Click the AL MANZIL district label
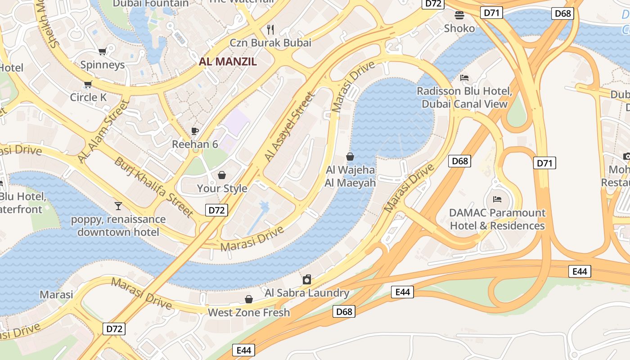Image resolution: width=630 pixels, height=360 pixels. [228, 62]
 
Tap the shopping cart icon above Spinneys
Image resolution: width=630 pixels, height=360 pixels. [102, 52]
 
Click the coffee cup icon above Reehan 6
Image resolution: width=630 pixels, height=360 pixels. [194, 131]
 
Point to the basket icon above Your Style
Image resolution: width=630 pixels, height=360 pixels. [222, 175]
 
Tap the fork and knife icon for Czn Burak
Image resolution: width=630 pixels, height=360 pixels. [270, 30]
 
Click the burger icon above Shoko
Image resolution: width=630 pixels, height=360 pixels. [459, 15]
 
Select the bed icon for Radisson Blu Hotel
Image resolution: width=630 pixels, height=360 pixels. [464, 78]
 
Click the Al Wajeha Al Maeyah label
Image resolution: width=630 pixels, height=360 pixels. [350, 176]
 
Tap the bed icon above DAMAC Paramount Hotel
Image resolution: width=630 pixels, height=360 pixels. [497, 199]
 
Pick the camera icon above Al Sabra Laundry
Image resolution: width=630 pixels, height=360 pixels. [307, 279]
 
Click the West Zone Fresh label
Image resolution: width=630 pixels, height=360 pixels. [248, 312]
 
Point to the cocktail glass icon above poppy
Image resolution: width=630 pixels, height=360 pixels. [118, 206]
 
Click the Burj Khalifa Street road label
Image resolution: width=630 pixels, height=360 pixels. [154, 186]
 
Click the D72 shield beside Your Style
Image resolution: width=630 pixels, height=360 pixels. [217, 210]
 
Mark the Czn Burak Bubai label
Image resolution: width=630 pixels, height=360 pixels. [270, 43]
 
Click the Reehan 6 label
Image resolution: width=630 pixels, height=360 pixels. [195, 144]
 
